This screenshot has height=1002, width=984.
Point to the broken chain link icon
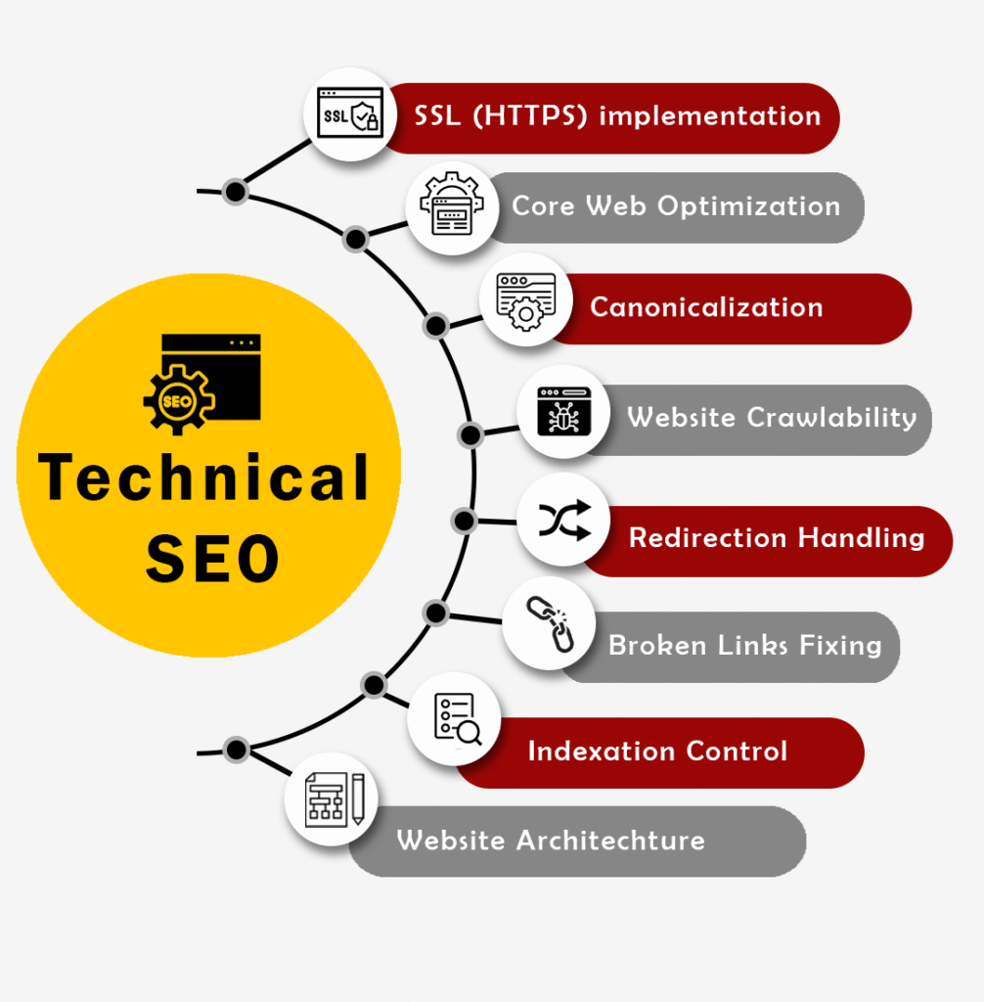(x=550, y=624)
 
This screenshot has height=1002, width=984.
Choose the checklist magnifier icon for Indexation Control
(x=455, y=719)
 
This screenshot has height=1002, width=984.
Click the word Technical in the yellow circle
(x=204, y=478)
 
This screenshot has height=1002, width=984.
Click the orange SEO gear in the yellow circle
(x=177, y=400)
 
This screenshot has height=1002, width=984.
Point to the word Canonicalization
(x=706, y=307)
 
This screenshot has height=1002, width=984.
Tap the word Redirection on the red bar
(x=707, y=537)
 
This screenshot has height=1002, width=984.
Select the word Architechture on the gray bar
(x=610, y=840)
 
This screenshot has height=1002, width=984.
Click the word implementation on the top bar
(x=709, y=115)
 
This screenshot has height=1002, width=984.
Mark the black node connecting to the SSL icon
(x=235, y=191)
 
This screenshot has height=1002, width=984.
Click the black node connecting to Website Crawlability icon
(x=470, y=433)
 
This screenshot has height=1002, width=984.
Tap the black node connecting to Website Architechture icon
(x=236, y=750)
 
